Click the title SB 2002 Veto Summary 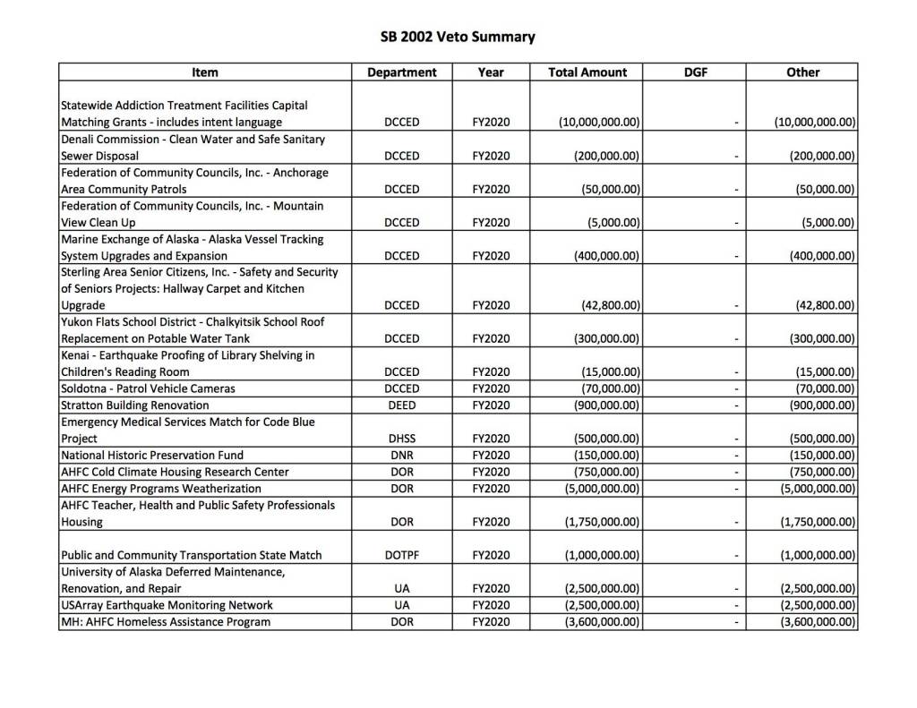pos(458,37)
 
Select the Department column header pos(402,72)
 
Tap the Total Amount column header pos(587,72)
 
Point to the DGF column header pos(696,72)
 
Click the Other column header pos(802,72)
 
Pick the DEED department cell pos(401,405)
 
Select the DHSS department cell pos(401,439)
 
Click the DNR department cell pos(401,455)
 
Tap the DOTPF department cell pos(401,555)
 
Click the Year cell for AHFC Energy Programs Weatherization pos(491,488)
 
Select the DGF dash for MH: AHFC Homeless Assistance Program pos(733,621)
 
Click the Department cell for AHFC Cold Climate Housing pos(401,472)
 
